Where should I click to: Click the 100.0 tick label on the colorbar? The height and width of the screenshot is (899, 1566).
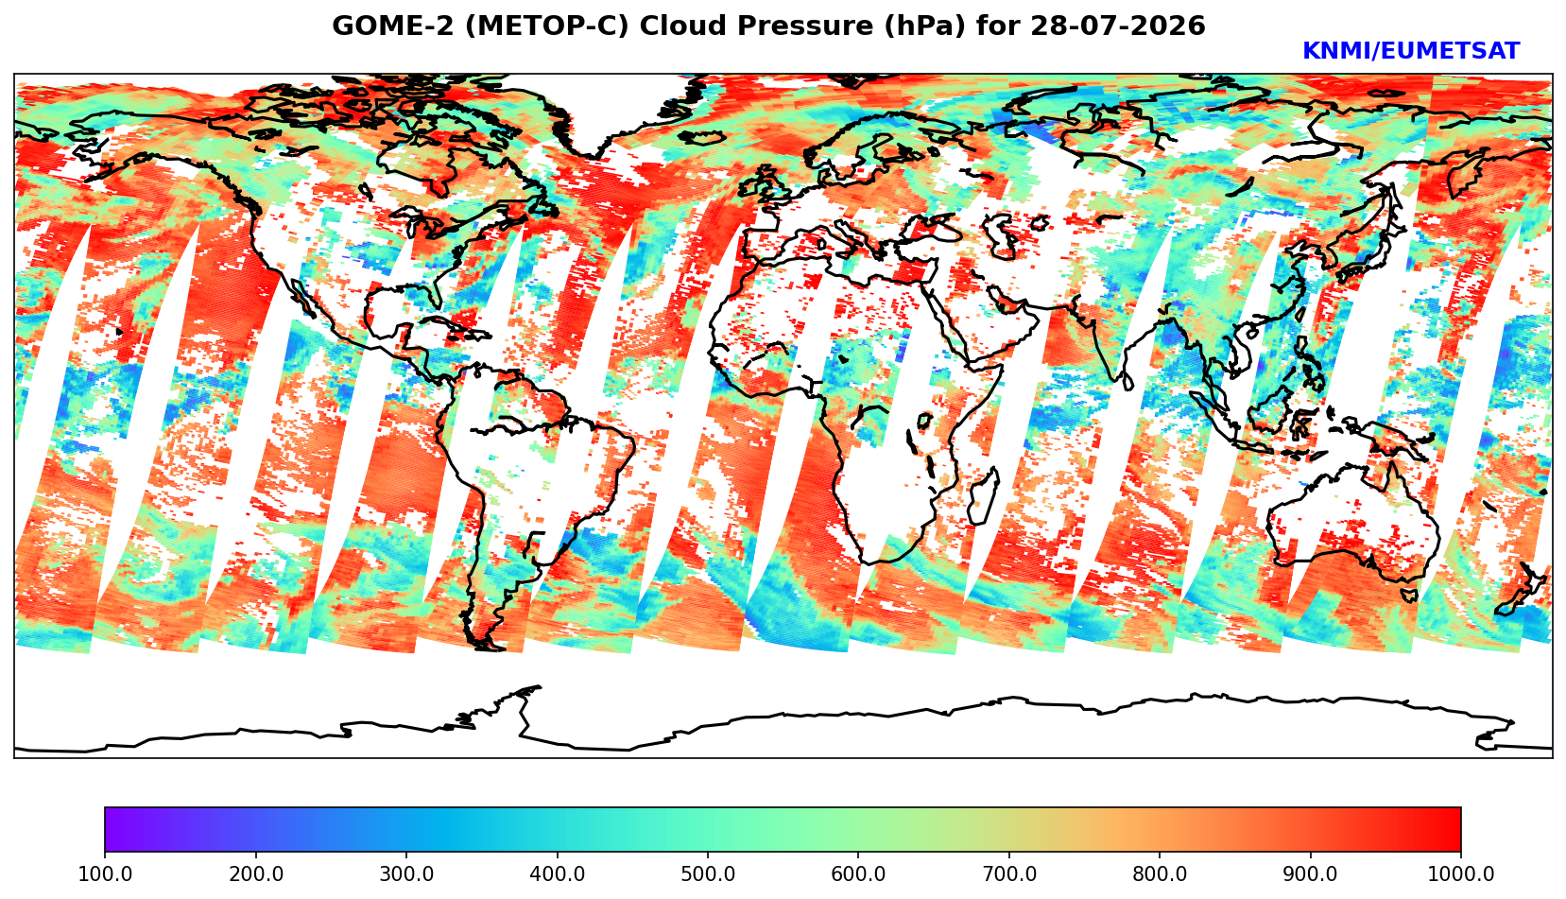105,873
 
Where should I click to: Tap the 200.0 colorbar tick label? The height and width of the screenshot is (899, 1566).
256,873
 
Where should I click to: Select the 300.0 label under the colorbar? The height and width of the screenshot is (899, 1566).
406,873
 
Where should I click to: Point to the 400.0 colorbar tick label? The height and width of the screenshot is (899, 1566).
558,873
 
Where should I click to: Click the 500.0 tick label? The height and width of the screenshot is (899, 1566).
708,873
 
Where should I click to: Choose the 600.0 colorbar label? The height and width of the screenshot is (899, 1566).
858,873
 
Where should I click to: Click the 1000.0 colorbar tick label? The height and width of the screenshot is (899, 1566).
1461,873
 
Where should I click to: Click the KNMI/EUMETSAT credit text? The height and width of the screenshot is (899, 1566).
1411,51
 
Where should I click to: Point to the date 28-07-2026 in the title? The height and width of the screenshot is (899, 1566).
1118,26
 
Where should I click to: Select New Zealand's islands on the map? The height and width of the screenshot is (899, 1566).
1522,591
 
